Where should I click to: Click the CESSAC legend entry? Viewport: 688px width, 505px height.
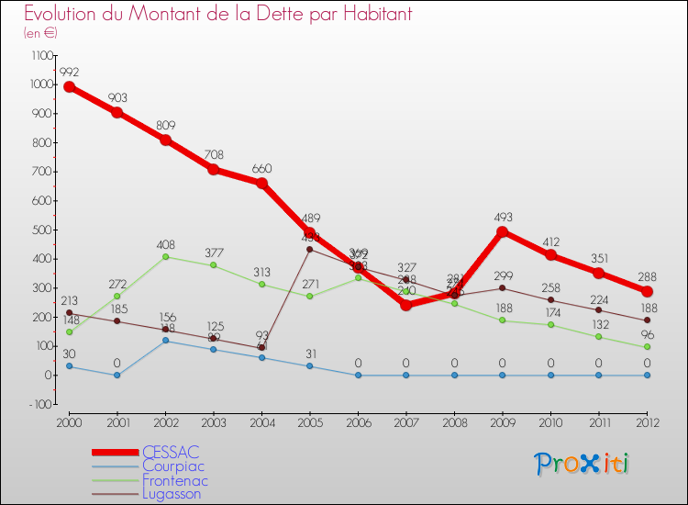click(x=171, y=452)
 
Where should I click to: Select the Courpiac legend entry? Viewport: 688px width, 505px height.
click(x=173, y=466)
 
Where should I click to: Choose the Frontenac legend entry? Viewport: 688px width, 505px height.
click(x=175, y=480)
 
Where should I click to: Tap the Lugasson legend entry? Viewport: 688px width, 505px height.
click(x=172, y=494)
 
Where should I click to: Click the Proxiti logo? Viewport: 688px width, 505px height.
click(x=583, y=464)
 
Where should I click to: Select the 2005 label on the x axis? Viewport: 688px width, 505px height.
click(x=310, y=421)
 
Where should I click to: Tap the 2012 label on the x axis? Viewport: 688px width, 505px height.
click(x=647, y=421)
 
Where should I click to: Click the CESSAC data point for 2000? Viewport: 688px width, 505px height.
click(x=69, y=86)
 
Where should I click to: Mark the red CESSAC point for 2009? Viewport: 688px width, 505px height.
click(x=503, y=232)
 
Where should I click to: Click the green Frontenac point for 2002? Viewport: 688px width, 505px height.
click(x=165, y=257)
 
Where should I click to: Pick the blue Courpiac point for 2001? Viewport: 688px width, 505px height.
click(x=117, y=376)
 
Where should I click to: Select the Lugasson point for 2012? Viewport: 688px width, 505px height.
click(x=647, y=320)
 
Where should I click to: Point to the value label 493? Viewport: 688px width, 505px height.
click(x=503, y=217)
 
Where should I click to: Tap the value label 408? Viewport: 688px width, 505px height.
click(x=165, y=244)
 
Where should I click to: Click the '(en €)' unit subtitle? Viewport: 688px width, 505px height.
click(x=41, y=33)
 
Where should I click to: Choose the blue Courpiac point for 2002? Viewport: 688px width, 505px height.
click(x=165, y=341)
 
